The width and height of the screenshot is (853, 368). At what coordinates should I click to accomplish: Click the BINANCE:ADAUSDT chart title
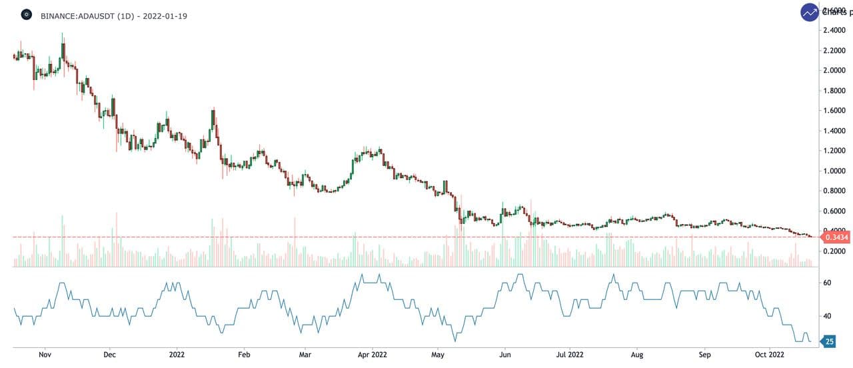click(x=113, y=15)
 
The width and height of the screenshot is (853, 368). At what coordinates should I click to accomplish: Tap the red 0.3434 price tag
click(x=836, y=237)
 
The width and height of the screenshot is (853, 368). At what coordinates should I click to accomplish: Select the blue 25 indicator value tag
click(x=829, y=341)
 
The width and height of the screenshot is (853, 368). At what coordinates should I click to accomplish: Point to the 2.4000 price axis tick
click(x=834, y=31)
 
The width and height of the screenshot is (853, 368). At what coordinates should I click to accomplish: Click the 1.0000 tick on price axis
click(x=834, y=171)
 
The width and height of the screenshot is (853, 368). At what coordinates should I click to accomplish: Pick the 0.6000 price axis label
click(x=834, y=211)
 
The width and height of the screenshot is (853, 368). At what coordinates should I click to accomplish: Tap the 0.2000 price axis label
click(x=834, y=251)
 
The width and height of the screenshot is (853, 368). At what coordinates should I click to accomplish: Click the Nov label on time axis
click(x=45, y=355)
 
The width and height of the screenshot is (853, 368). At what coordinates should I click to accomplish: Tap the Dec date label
click(x=110, y=355)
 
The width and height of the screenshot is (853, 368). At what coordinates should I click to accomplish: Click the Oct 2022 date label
click(x=769, y=355)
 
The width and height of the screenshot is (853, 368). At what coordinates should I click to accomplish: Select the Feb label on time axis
click(x=244, y=355)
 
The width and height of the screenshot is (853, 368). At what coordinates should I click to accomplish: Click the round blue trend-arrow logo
click(x=810, y=12)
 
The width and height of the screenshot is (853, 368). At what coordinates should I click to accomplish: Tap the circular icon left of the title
click(x=26, y=15)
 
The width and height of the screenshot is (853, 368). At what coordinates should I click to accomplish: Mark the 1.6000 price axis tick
click(x=834, y=111)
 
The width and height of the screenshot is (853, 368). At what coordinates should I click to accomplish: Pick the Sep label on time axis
click(x=705, y=355)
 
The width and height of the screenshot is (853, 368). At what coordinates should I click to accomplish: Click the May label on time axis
click(x=437, y=355)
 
